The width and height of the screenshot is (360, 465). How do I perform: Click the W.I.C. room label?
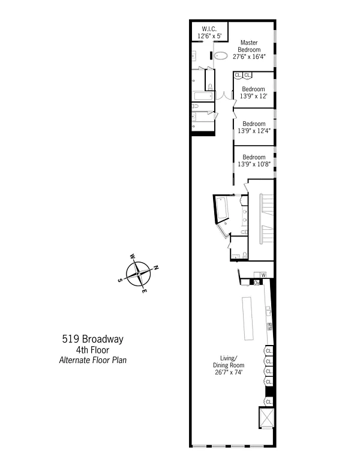click(x=209, y=29)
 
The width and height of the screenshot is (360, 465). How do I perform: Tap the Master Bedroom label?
click(x=249, y=46)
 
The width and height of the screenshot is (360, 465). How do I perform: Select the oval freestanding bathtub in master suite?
click(x=221, y=55)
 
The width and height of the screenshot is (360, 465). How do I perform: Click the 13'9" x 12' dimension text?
click(x=254, y=96)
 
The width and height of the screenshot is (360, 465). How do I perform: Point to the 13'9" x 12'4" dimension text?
click(x=254, y=131)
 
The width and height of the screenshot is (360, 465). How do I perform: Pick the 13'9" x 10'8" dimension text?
click(x=254, y=164)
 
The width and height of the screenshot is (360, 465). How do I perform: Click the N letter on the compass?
click(x=156, y=268)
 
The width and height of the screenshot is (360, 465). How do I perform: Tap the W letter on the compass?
click(x=133, y=256)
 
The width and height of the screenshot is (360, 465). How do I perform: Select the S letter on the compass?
click(x=120, y=280)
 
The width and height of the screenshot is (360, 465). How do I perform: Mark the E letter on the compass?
click(x=144, y=291)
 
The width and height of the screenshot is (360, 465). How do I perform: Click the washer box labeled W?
click(x=263, y=275)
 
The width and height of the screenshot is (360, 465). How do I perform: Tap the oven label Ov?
click(x=257, y=283)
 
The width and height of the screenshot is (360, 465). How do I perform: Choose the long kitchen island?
click(x=248, y=318)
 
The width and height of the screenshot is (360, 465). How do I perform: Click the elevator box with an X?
click(x=266, y=418)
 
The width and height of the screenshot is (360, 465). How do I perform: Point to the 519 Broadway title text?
click(x=93, y=339)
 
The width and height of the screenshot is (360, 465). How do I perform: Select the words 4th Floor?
click(x=93, y=350)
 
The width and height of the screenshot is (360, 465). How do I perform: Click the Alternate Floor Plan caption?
click(x=93, y=360)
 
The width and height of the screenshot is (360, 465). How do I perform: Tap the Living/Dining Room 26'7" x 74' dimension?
click(x=229, y=372)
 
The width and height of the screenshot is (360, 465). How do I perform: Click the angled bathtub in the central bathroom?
click(x=222, y=208)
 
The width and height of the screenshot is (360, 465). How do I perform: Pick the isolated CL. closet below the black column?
click(x=269, y=402)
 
